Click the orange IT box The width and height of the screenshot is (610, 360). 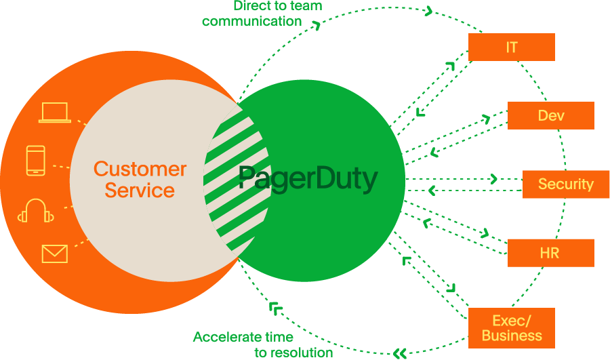(x=512, y=47)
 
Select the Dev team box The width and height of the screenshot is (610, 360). (x=550, y=116)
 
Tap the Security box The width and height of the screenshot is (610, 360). (x=565, y=184)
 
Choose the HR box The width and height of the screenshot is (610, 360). (x=550, y=253)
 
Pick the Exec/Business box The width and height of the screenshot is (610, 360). (x=512, y=328)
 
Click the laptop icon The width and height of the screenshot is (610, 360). (x=54, y=113)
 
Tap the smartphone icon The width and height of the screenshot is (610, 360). (x=36, y=161)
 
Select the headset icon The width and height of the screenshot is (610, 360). (x=36, y=211)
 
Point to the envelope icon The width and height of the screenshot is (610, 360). (x=54, y=254)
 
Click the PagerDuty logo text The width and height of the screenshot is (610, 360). (x=308, y=180)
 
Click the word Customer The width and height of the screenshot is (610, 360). (x=140, y=169)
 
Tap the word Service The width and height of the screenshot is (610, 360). (x=140, y=191)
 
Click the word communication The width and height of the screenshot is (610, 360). (x=251, y=21)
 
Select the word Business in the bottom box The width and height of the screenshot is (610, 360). (x=512, y=336)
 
